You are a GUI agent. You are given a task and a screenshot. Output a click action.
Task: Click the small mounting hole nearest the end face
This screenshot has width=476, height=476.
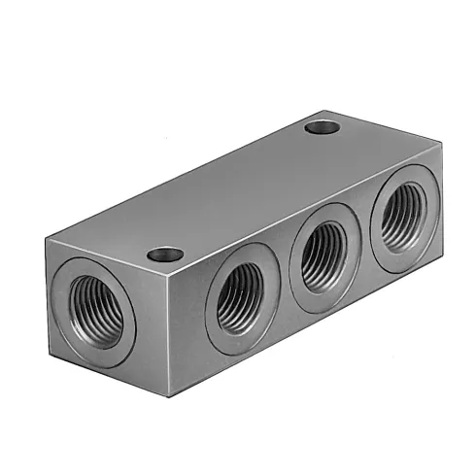(165, 255)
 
